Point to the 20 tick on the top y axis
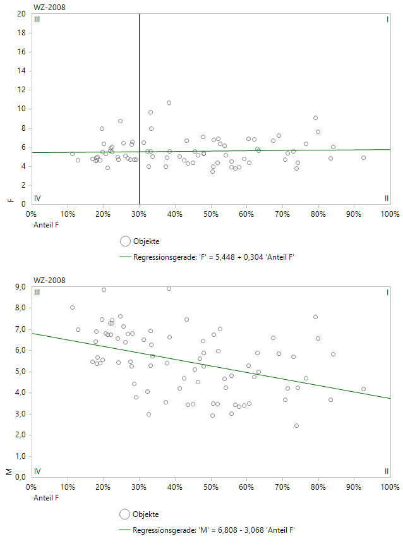(21, 13)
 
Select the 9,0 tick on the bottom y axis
(19, 287)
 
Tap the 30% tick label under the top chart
(139, 214)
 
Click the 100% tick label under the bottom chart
(390, 487)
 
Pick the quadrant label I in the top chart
(387, 20)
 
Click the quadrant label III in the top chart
(37, 20)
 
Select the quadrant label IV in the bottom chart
(37, 471)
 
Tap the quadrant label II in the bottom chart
(387, 471)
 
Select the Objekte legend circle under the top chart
(125, 241)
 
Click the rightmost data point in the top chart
(363, 157)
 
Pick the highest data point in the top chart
(169, 102)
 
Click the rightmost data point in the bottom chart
(363, 389)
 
